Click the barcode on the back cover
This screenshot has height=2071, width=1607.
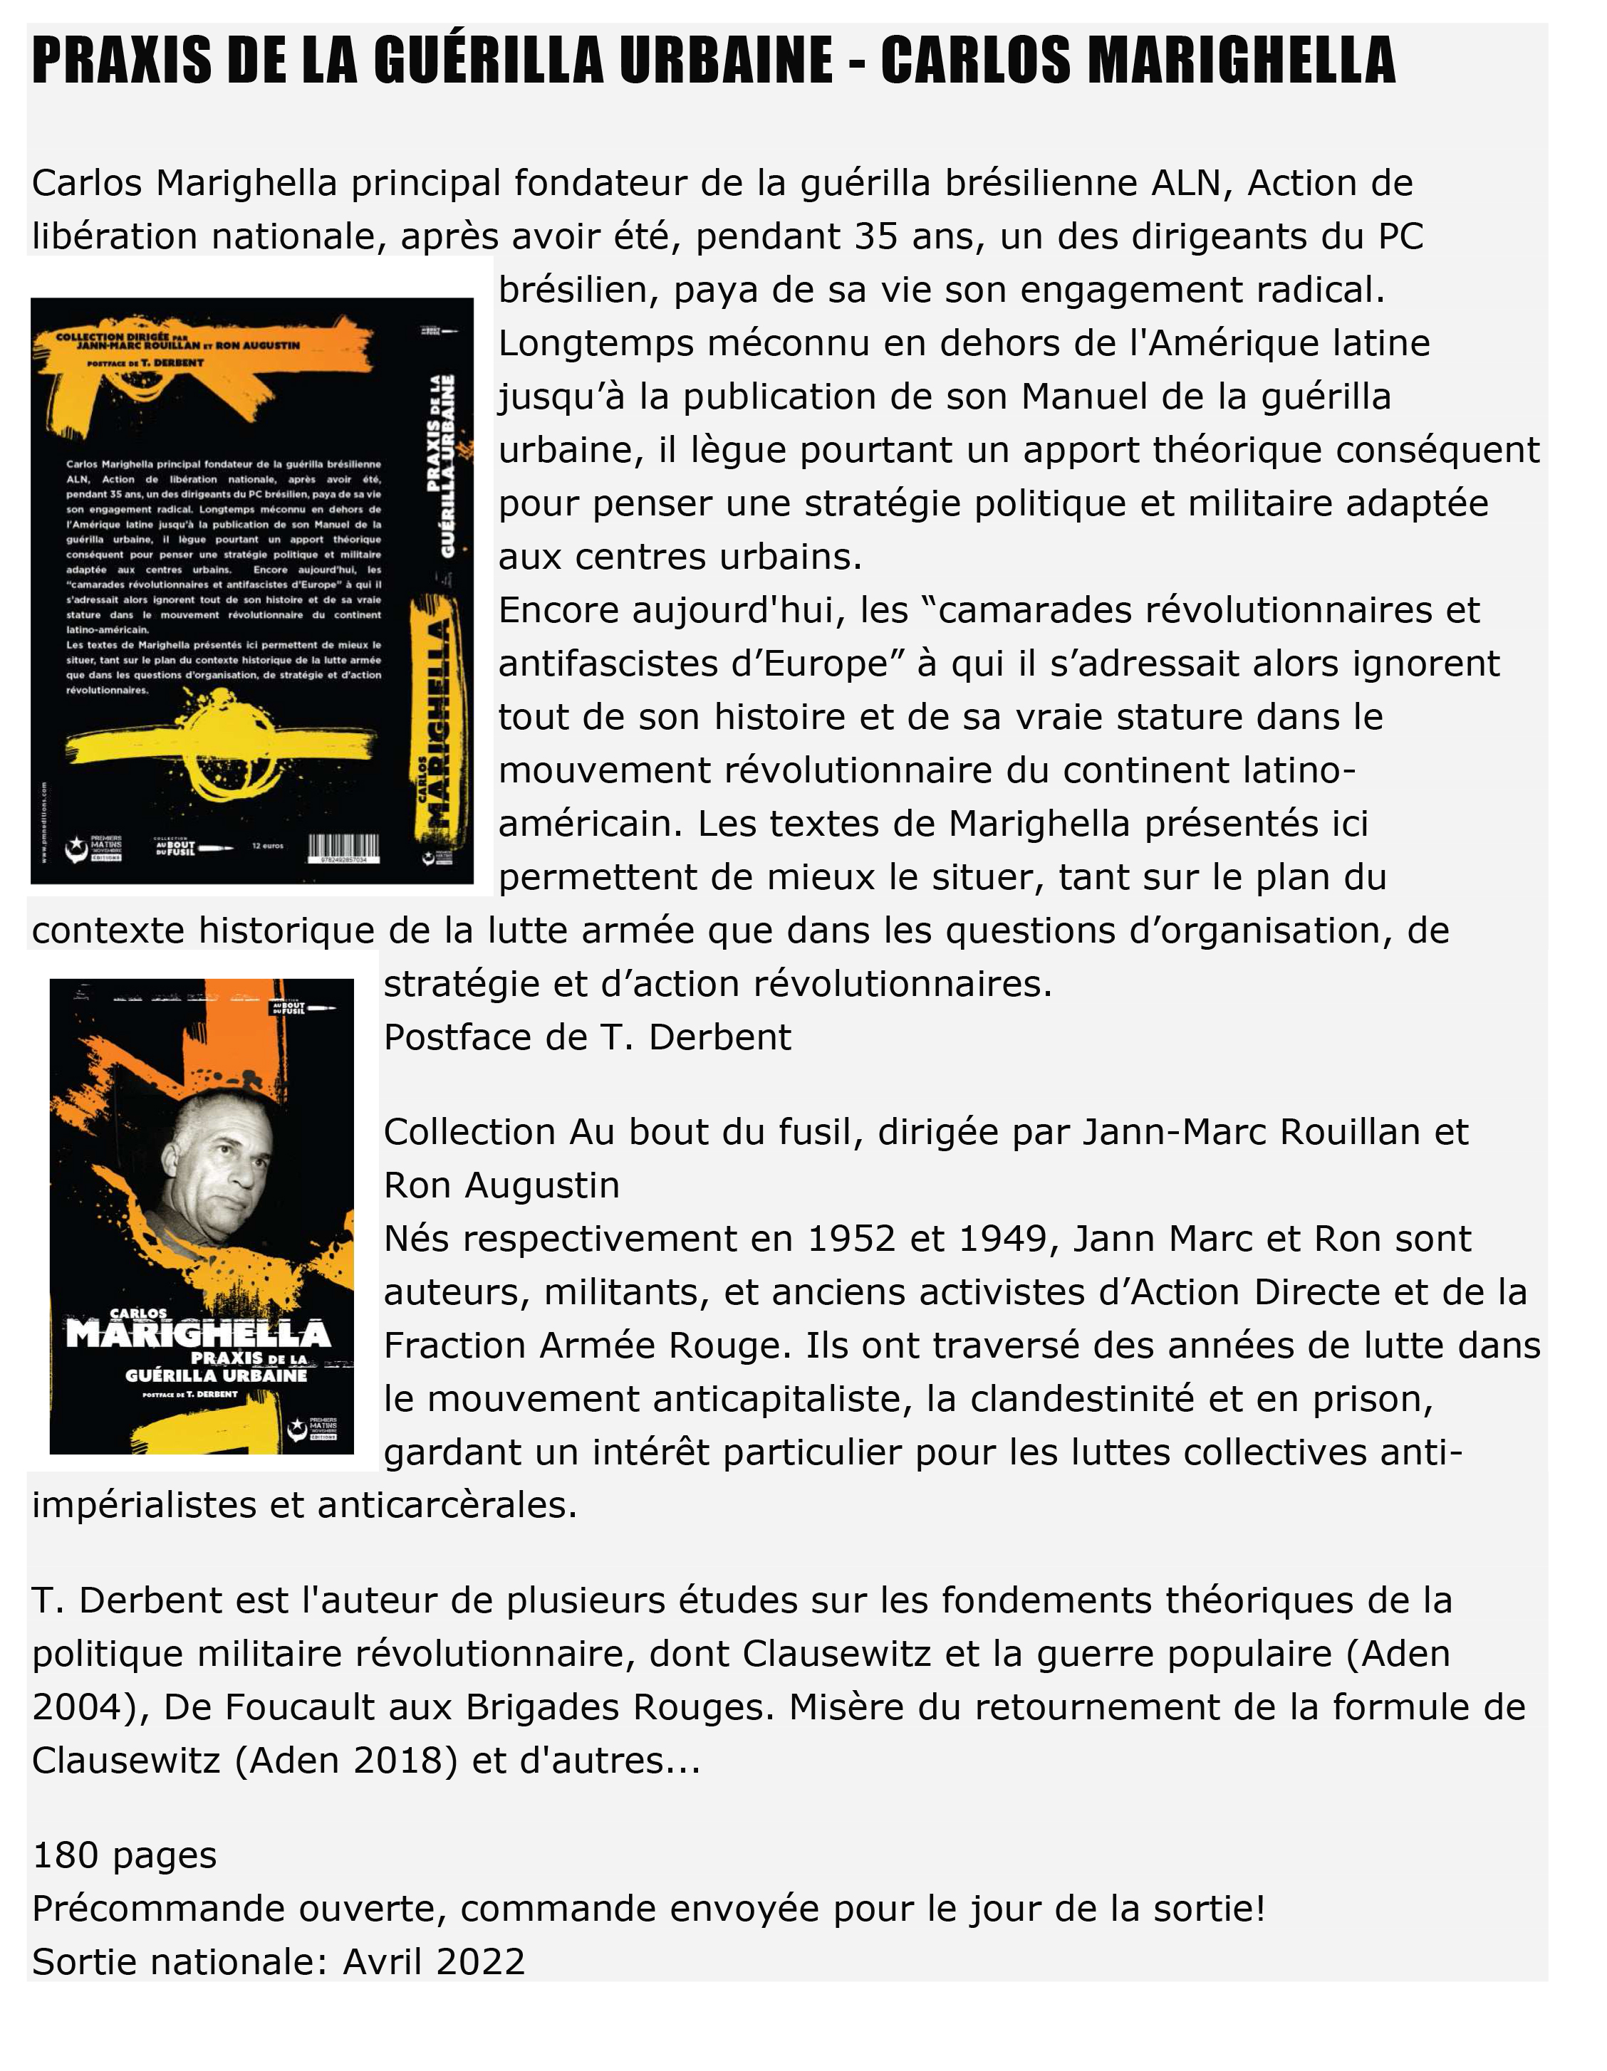pyautogui.click(x=343, y=846)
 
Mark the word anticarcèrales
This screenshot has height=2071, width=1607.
pyautogui.click(x=447, y=1505)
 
